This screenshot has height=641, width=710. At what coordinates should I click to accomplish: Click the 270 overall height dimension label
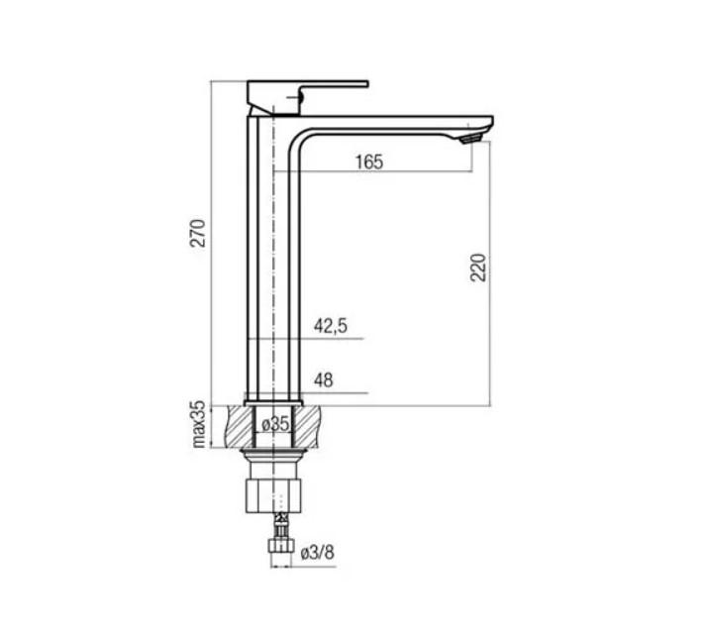pyautogui.click(x=198, y=234)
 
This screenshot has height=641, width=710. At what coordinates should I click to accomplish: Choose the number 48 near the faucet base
pyautogui.click(x=323, y=379)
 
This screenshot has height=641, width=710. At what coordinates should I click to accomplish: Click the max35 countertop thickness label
pyautogui.click(x=198, y=424)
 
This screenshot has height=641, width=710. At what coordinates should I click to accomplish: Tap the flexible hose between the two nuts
pyautogui.click(x=280, y=521)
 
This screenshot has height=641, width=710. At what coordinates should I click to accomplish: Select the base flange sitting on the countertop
pyautogui.click(x=272, y=401)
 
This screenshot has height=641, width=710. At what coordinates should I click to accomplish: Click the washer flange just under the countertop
pyautogui.click(x=272, y=453)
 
